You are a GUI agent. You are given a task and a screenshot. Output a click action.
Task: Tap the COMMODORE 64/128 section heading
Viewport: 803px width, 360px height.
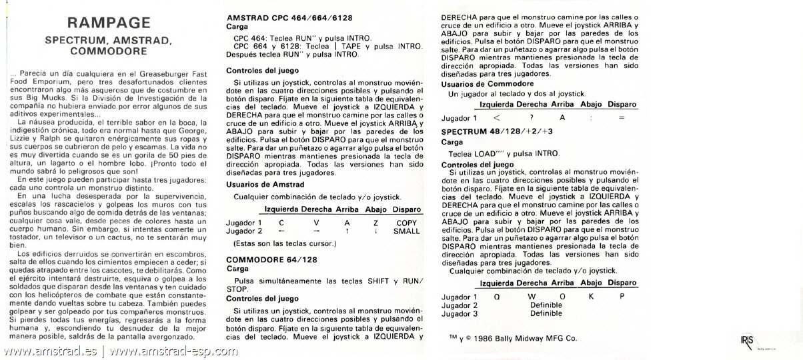pyautogui.click(x=272, y=259)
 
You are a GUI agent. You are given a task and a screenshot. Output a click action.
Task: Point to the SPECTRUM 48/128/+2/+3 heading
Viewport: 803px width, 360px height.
pyautogui.click(x=497, y=131)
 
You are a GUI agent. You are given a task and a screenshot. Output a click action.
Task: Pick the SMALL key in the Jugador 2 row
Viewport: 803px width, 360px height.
pyautogui.click(x=406, y=231)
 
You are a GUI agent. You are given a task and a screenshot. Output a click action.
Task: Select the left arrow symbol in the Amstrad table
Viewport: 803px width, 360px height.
pyautogui.click(x=281, y=231)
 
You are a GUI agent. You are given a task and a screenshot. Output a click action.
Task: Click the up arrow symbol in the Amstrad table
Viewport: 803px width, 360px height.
pyautogui.click(x=347, y=231)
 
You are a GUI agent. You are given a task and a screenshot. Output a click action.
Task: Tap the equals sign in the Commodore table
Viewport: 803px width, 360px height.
pyautogui.click(x=622, y=117)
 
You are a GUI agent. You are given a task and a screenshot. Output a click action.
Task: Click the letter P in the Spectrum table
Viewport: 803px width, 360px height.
pyautogui.click(x=622, y=296)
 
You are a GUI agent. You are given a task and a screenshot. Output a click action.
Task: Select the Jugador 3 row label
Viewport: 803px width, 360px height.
pyautogui.click(x=460, y=313)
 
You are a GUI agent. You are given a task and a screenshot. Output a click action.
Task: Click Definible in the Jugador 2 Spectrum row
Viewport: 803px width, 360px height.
pyautogui.click(x=546, y=305)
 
